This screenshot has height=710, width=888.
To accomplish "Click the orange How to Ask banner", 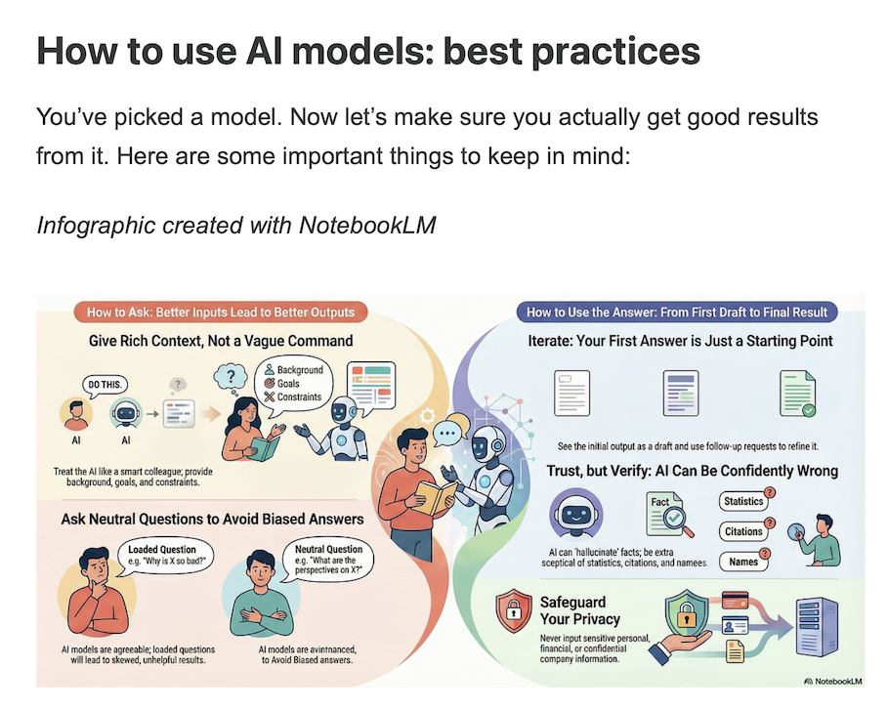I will pos(220,313).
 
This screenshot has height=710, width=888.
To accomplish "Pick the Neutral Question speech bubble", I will pos(328,556).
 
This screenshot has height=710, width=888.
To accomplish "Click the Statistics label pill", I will pos(742,501).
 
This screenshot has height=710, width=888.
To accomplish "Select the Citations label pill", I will pos(743,531).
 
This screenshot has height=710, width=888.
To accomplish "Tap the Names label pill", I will pos(742,562).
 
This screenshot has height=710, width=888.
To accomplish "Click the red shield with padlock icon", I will pos(513,611).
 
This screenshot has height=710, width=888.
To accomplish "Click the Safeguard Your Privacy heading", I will pos(579,610).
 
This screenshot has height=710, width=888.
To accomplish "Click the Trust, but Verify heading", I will pos(693,471).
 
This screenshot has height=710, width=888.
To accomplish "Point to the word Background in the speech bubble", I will pos(299,371).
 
